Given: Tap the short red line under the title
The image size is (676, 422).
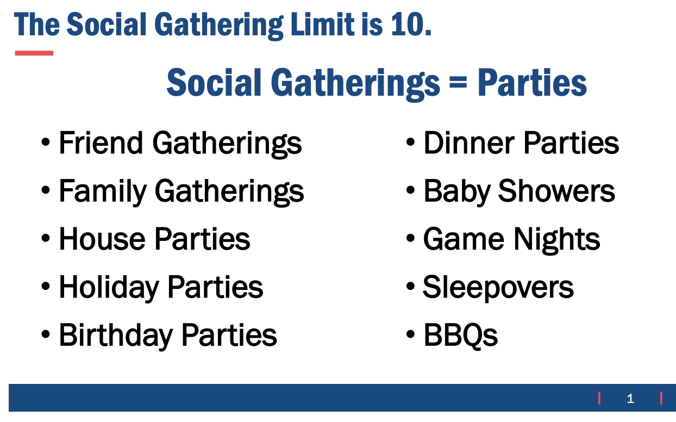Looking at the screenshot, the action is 34,53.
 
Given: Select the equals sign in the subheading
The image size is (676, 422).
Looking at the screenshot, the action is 458,82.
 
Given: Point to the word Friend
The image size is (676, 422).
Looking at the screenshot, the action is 101,142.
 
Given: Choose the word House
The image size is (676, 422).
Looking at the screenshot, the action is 102,239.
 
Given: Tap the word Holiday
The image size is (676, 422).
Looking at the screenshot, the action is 109,288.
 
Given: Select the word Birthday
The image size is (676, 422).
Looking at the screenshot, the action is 116,336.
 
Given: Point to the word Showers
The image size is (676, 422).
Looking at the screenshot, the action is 556,191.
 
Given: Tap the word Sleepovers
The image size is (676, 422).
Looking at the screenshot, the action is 498,288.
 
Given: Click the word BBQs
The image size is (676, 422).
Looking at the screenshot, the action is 461,336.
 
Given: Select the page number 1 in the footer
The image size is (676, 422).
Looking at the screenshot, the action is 630,399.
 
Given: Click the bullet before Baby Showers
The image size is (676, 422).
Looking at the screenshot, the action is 410,190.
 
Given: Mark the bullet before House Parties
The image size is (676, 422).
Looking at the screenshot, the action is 46,238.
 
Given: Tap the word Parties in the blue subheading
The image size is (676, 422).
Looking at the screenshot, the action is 532,82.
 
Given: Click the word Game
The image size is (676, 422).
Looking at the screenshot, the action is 464,239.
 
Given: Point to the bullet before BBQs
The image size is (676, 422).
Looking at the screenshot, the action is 410,334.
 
